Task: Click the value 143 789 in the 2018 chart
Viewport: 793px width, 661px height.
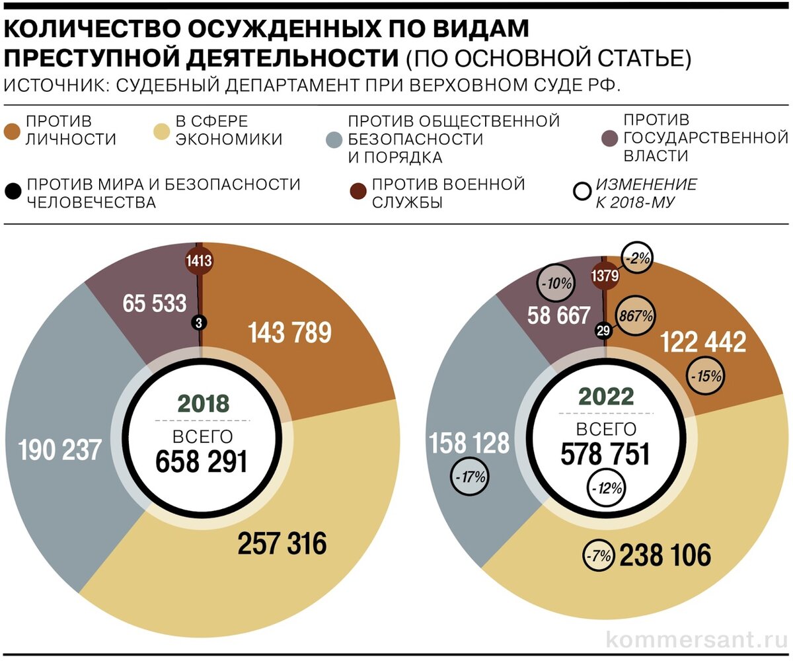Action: click(289, 332)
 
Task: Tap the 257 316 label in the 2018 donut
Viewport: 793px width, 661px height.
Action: click(282, 543)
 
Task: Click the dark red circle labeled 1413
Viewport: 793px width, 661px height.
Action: click(199, 261)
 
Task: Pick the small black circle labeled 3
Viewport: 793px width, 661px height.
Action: click(198, 323)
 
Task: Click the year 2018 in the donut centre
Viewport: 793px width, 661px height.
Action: click(204, 404)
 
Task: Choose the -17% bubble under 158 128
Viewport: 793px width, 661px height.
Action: click(469, 476)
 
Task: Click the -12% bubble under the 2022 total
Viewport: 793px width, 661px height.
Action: click(606, 489)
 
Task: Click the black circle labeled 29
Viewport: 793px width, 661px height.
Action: click(603, 331)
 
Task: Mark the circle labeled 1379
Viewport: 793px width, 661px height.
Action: click(605, 276)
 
